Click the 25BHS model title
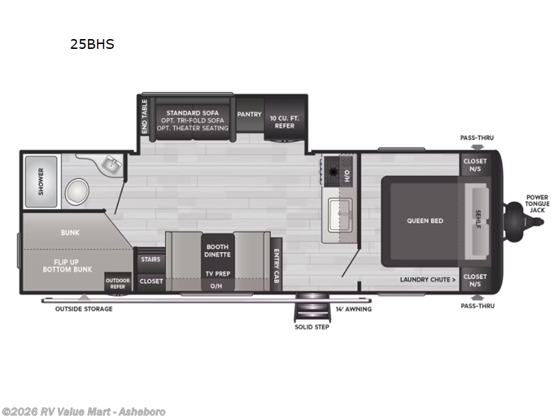[92, 44]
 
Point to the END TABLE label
[145, 116]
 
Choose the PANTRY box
[249, 115]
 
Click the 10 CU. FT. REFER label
[284, 120]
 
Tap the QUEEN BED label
[426, 221]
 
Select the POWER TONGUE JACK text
[537, 203]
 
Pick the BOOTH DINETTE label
[217, 250]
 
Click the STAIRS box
[150, 259]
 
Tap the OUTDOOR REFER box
[118, 284]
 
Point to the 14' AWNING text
[354, 309]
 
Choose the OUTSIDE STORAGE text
[84, 309]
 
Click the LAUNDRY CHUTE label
[428, 280]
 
